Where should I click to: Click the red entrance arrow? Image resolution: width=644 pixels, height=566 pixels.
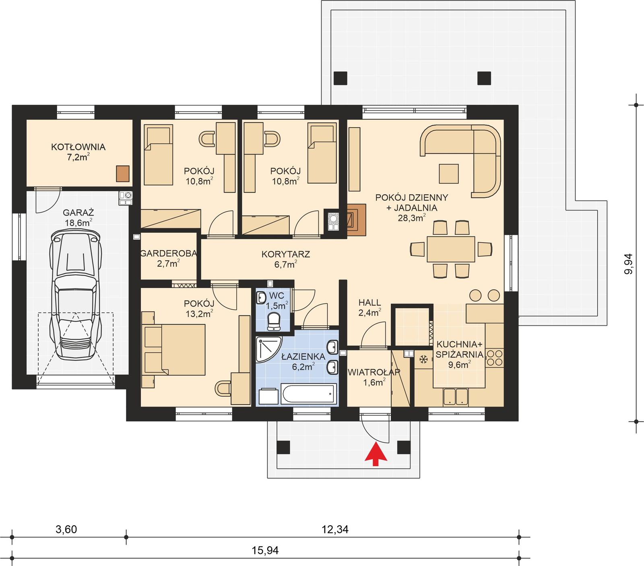pos(376,454)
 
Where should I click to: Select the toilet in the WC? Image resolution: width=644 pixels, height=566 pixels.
pos(275,321)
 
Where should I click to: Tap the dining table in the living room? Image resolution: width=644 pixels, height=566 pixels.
pos(451,249)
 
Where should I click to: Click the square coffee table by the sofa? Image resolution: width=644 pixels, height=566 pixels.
pos(448,174)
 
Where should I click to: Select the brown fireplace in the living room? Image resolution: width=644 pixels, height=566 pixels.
pos(356,220)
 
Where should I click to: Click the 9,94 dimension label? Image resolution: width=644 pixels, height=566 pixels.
pos(628,264)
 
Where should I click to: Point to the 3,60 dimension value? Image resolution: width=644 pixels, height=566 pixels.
pos(66,529)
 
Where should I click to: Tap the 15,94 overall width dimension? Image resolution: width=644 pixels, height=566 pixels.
pos(266,550)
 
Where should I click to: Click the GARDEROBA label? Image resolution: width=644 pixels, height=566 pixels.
pos(168,253)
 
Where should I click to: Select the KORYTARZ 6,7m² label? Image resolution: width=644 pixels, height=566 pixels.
pos(285,258)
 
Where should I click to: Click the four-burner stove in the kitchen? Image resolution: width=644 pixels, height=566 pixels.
pos(495,358)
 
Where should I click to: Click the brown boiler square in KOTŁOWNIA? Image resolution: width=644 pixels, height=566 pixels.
pos(123,174)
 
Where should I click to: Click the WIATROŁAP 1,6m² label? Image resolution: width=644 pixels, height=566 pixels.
pos(374,377)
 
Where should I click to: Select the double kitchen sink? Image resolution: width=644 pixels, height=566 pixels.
pos(456,396)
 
